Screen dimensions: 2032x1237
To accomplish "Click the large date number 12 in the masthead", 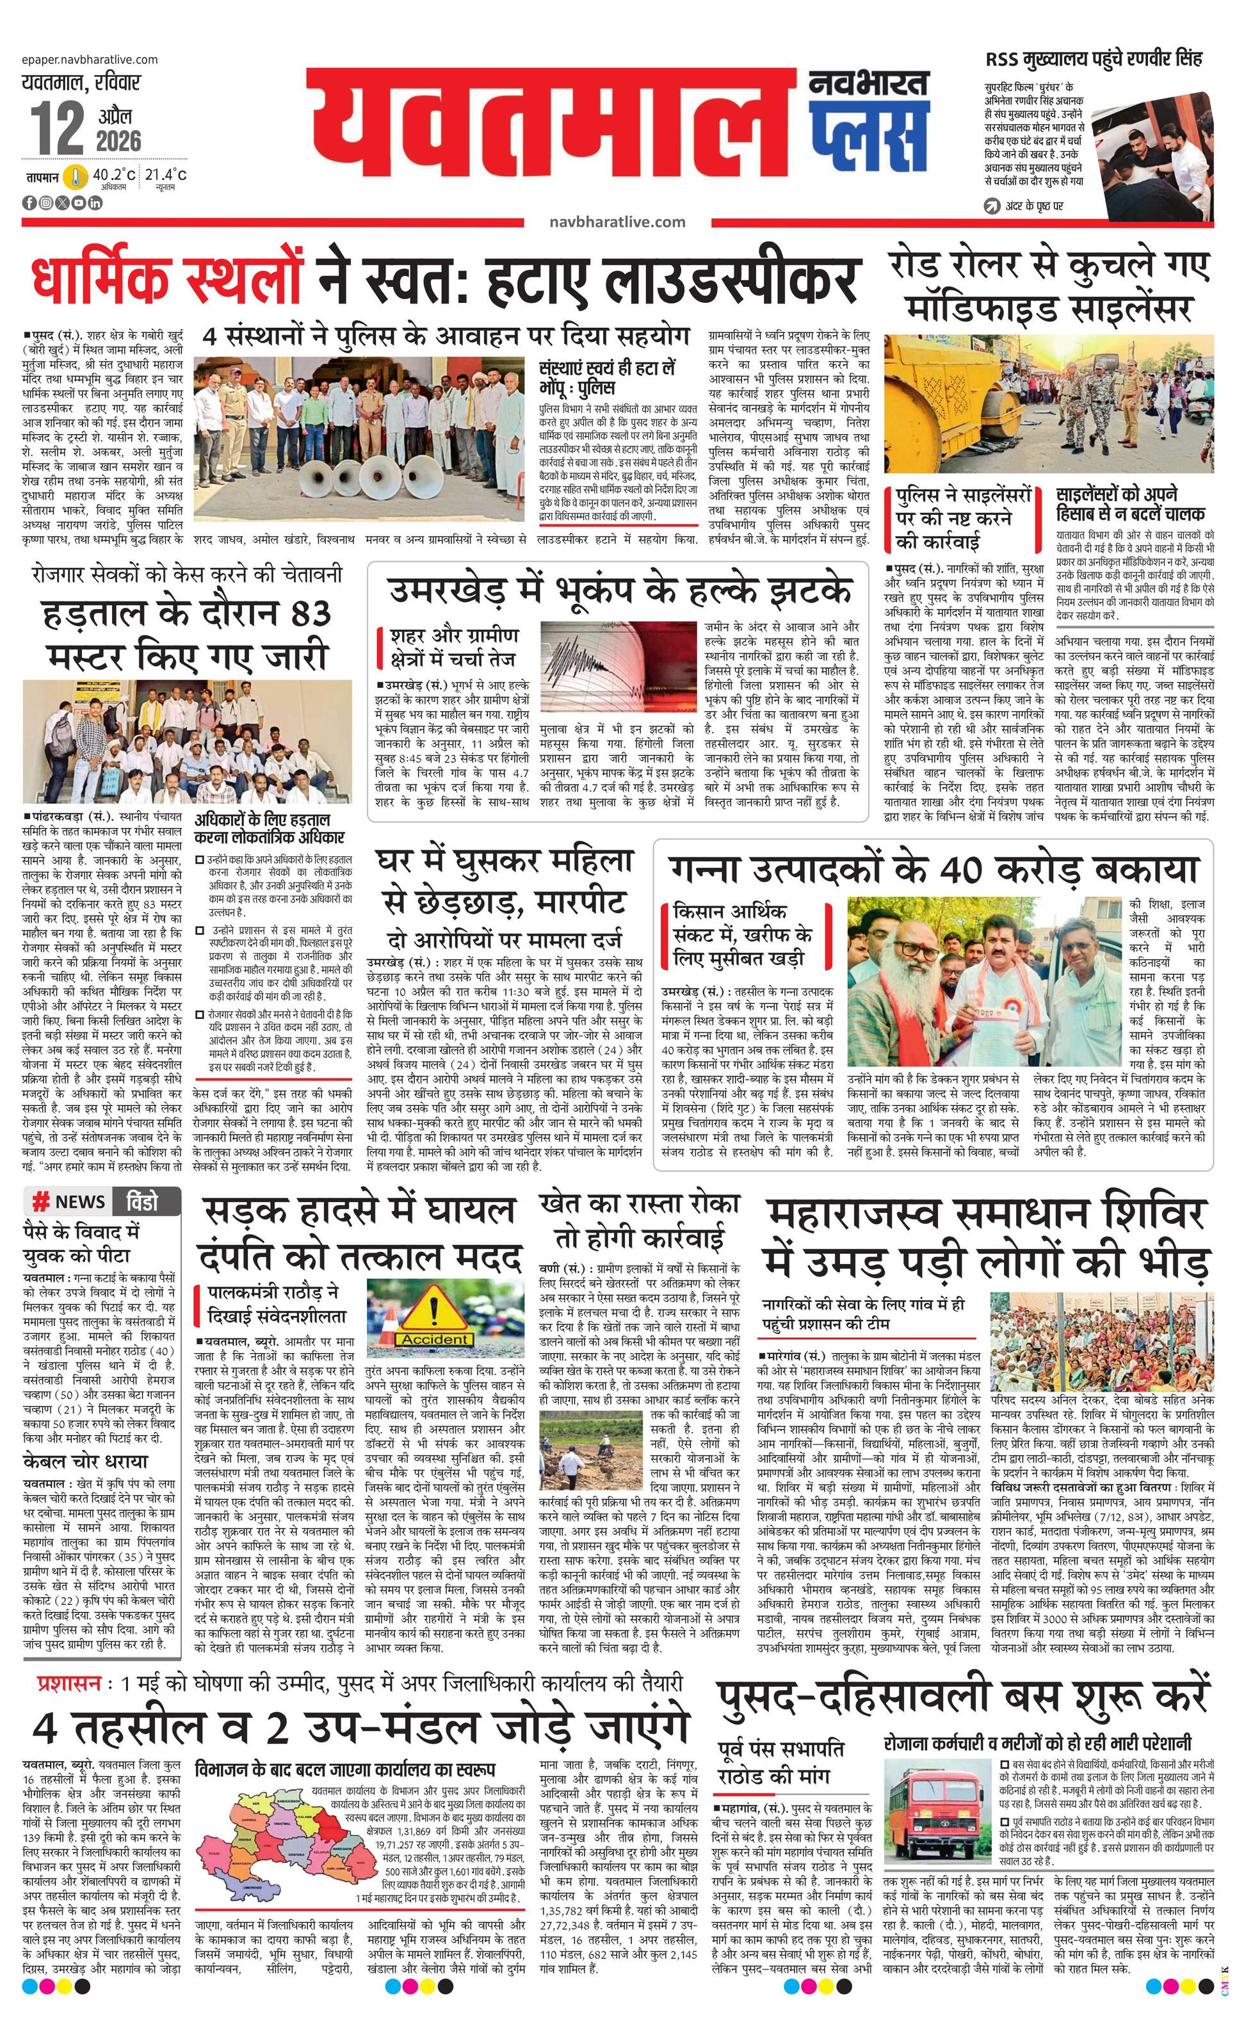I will coord(58,129).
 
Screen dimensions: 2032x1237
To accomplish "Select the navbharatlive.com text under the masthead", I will coord(617,221).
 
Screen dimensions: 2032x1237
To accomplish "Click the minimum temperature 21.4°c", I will coord(166,175).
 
